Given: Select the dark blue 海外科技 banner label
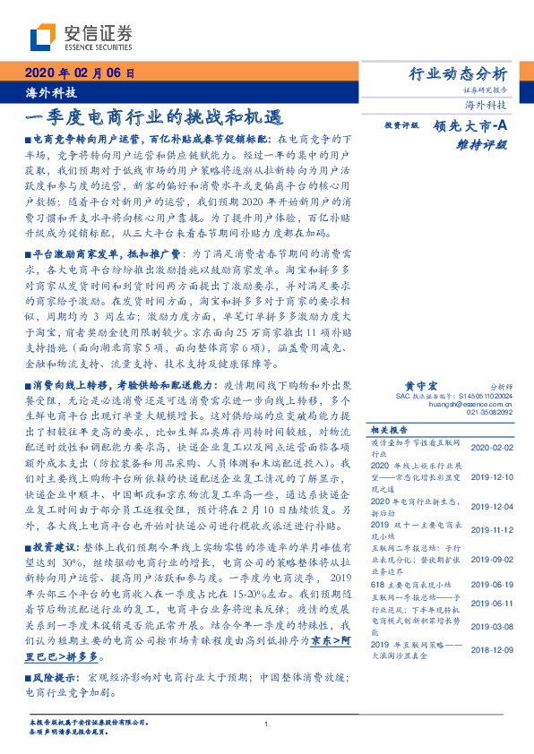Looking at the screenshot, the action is tap(46, 93).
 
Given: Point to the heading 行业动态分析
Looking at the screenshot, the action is tap(458, 74).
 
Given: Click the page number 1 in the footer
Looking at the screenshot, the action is tap(267, 724).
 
